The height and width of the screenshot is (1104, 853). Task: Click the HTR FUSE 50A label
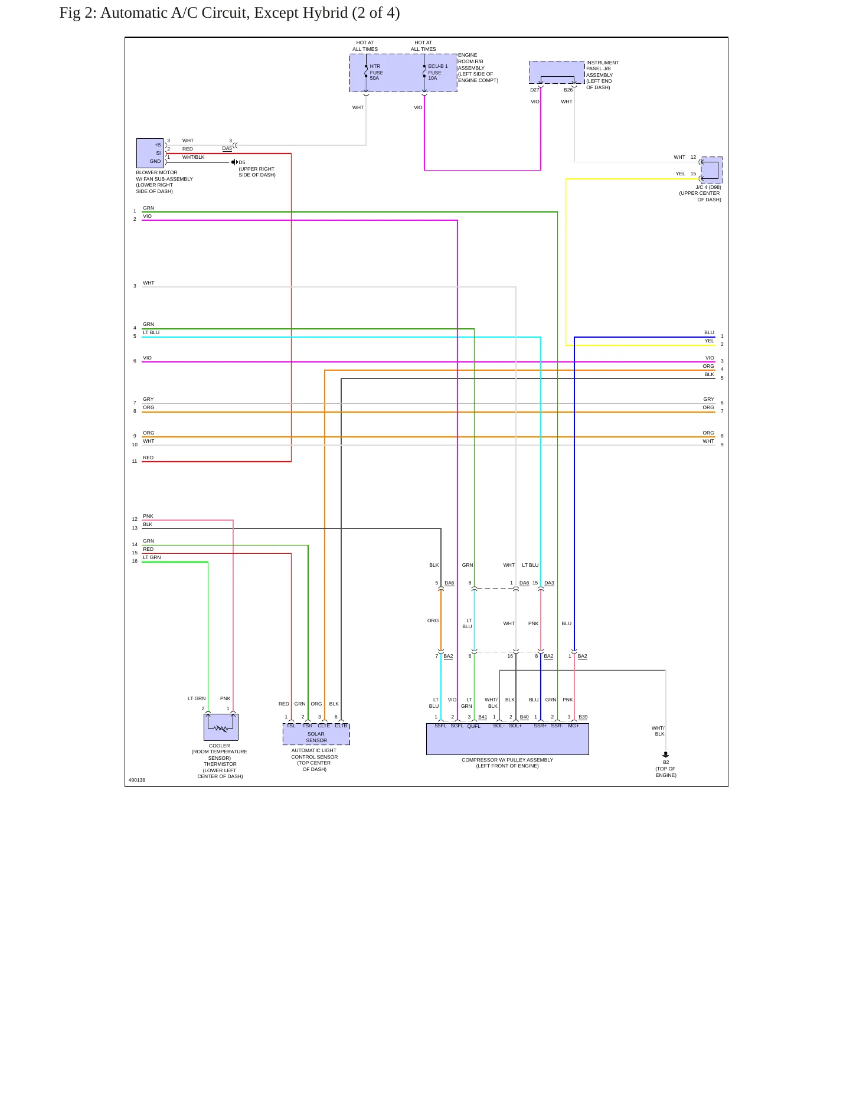tap(377, 73)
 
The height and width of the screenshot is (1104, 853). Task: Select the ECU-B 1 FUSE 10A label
tap(437, 73)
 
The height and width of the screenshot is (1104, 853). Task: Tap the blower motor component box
tap(150, 153)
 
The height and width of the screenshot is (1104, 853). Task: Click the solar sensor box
tap(316, 734)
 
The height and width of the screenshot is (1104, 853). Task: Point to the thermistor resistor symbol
tap(221, 729)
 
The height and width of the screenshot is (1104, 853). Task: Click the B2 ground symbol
tap(666, 754)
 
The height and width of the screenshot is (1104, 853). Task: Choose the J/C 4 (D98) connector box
tap(712, 170)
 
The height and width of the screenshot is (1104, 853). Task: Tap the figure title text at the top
tap(230, 13)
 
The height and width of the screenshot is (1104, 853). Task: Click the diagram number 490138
tap(137, 780)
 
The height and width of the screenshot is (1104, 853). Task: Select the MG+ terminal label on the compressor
tap(574, 726)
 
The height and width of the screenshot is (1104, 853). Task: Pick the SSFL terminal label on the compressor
tap(440, 726)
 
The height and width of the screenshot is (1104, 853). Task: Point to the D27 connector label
tap(534, 90)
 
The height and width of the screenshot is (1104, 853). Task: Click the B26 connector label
tap(568, 90)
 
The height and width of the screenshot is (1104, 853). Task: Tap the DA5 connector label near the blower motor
tap(227, 149)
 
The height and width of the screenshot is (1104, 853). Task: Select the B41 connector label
tap(483, 717)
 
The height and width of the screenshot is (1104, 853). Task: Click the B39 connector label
tap(583, 717)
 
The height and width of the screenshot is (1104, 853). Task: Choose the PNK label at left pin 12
tap(148, 516)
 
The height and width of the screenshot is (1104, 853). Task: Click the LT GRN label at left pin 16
tap(152, 557)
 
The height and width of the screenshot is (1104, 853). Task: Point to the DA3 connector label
tap(549, 583)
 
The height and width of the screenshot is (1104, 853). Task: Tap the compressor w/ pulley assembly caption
tap(508, 763)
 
